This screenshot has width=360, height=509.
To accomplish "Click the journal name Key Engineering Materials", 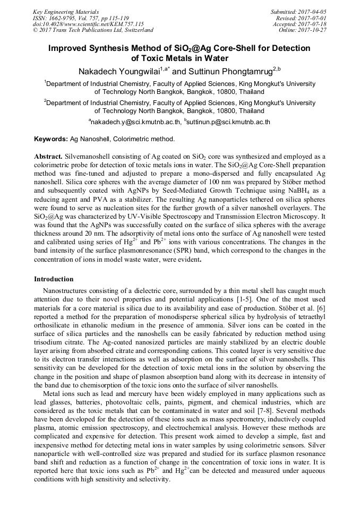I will point(66,11).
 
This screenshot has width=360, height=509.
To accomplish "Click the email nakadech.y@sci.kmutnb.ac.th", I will point(135,122).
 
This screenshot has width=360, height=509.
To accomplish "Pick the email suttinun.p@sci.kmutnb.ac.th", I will point(228,122).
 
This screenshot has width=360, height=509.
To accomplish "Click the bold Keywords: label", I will point(51,139).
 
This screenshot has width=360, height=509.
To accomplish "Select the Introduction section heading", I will point(54,279).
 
